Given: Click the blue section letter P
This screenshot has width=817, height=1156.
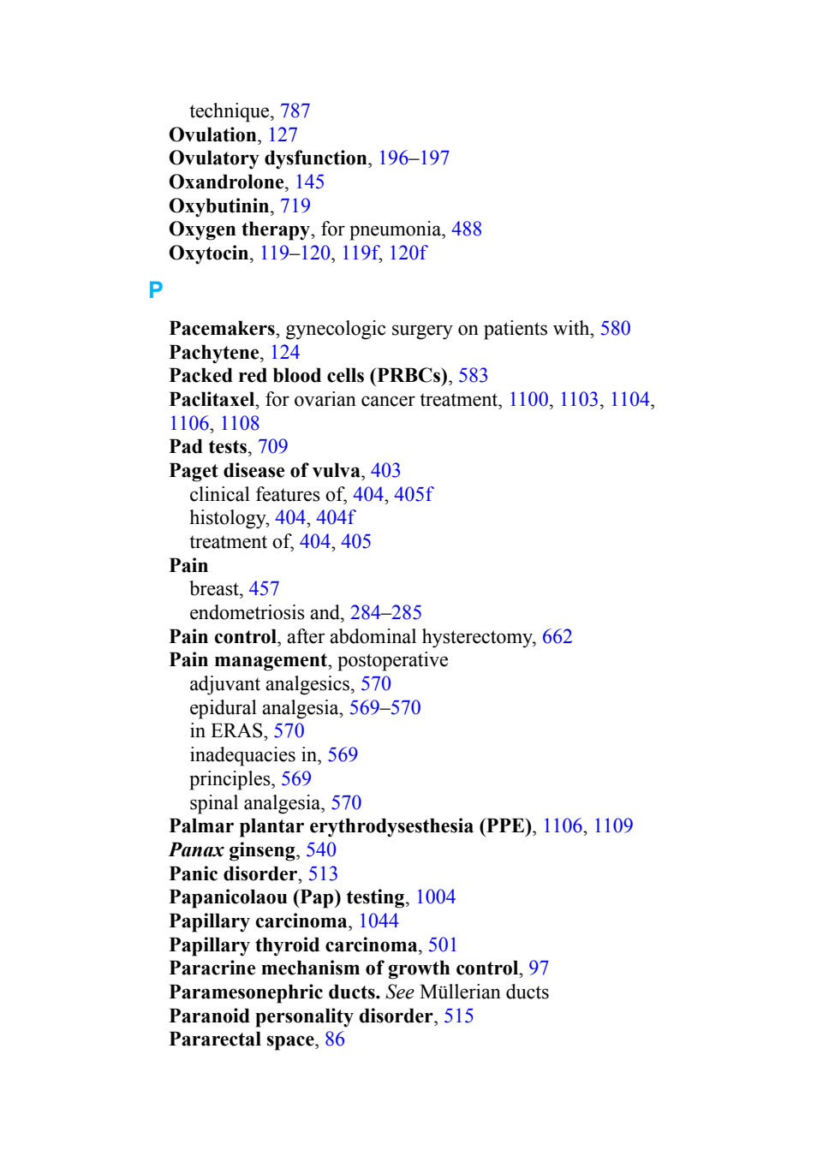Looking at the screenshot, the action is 155,290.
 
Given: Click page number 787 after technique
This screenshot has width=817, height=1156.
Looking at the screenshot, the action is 295,111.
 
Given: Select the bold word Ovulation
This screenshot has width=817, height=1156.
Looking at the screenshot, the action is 212,134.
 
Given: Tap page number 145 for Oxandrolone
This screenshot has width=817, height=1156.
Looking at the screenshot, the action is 309,182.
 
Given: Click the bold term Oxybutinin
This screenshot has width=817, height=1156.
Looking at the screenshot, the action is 219,206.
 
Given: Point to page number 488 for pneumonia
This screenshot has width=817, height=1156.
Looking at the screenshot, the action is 467,229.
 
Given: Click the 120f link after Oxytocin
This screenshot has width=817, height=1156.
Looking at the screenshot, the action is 408,253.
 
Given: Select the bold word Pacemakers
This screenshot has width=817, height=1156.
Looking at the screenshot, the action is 222,328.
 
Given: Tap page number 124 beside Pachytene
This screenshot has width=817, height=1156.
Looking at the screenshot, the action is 285,352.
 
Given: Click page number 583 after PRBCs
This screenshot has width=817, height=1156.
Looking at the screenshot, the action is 473,375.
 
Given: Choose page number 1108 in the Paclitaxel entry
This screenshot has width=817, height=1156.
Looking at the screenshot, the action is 240,423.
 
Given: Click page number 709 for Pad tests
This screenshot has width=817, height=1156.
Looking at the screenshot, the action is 272,446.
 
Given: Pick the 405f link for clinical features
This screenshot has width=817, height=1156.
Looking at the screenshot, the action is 414,494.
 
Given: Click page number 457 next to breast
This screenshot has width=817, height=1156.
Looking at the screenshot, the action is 264,589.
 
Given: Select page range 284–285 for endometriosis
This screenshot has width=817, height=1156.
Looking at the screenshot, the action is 385,612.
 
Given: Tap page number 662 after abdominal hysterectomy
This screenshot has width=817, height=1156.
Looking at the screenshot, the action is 557,636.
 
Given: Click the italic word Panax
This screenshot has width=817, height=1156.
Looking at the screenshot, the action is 196,850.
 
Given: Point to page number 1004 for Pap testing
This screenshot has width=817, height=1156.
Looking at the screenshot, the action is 436,897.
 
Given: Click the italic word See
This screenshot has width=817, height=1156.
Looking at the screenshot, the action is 400,992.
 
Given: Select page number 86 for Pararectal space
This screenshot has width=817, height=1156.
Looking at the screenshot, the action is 335,1039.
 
